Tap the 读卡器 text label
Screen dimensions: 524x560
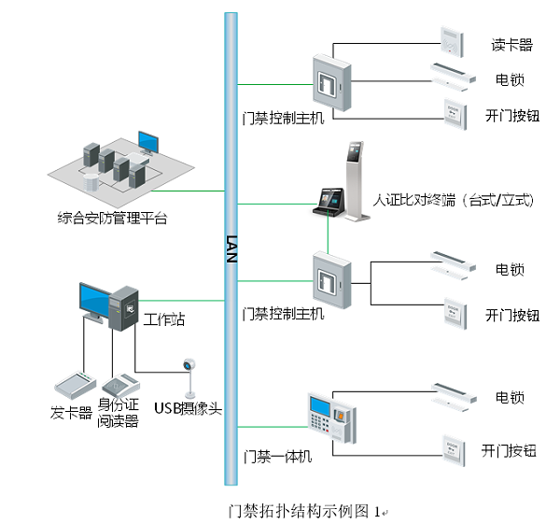[511, 44]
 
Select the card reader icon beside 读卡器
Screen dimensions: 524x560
[452, 40]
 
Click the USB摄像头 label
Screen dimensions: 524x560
[188, 406]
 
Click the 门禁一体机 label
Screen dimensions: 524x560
[277, 456]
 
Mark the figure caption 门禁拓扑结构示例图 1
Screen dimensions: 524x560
[306, 511]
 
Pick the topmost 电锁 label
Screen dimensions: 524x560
[510, 79]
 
